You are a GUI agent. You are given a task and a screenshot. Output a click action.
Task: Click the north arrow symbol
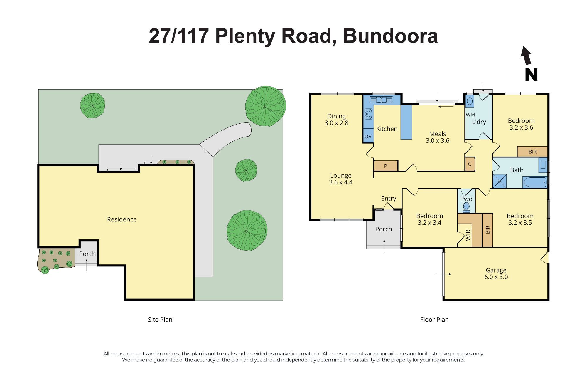point(526,56)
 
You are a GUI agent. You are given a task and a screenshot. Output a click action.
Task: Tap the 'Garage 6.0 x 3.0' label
point(496,273)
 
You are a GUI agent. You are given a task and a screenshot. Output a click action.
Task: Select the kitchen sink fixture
point(381,100)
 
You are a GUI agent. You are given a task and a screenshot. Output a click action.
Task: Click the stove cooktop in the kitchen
point(369,114)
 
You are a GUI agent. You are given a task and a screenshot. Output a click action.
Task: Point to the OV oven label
point(368,136)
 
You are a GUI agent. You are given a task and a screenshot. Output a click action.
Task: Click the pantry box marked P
point(386,166)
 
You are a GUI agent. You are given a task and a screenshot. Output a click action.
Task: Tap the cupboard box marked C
point(470,164)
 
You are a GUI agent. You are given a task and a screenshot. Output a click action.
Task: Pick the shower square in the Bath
point(500,181)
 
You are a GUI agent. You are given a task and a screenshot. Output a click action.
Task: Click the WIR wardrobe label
point(468,235)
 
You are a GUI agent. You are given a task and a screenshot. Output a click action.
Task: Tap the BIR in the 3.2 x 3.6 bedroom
point(532,152)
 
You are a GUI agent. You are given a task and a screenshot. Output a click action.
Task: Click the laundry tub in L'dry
point(470,101)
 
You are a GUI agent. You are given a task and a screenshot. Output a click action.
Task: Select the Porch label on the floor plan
point(384,229)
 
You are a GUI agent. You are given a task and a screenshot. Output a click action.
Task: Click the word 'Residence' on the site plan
point(122,219)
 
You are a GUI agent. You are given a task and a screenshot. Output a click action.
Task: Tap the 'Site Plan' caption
point(160,320)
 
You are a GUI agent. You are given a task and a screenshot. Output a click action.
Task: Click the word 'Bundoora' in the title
point(390,36)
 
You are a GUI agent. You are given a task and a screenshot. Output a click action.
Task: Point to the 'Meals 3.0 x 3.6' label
point(437,137)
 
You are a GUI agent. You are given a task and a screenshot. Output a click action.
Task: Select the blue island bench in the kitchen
point(406,122)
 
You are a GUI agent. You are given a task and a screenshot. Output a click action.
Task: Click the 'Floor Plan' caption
point(434,320)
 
